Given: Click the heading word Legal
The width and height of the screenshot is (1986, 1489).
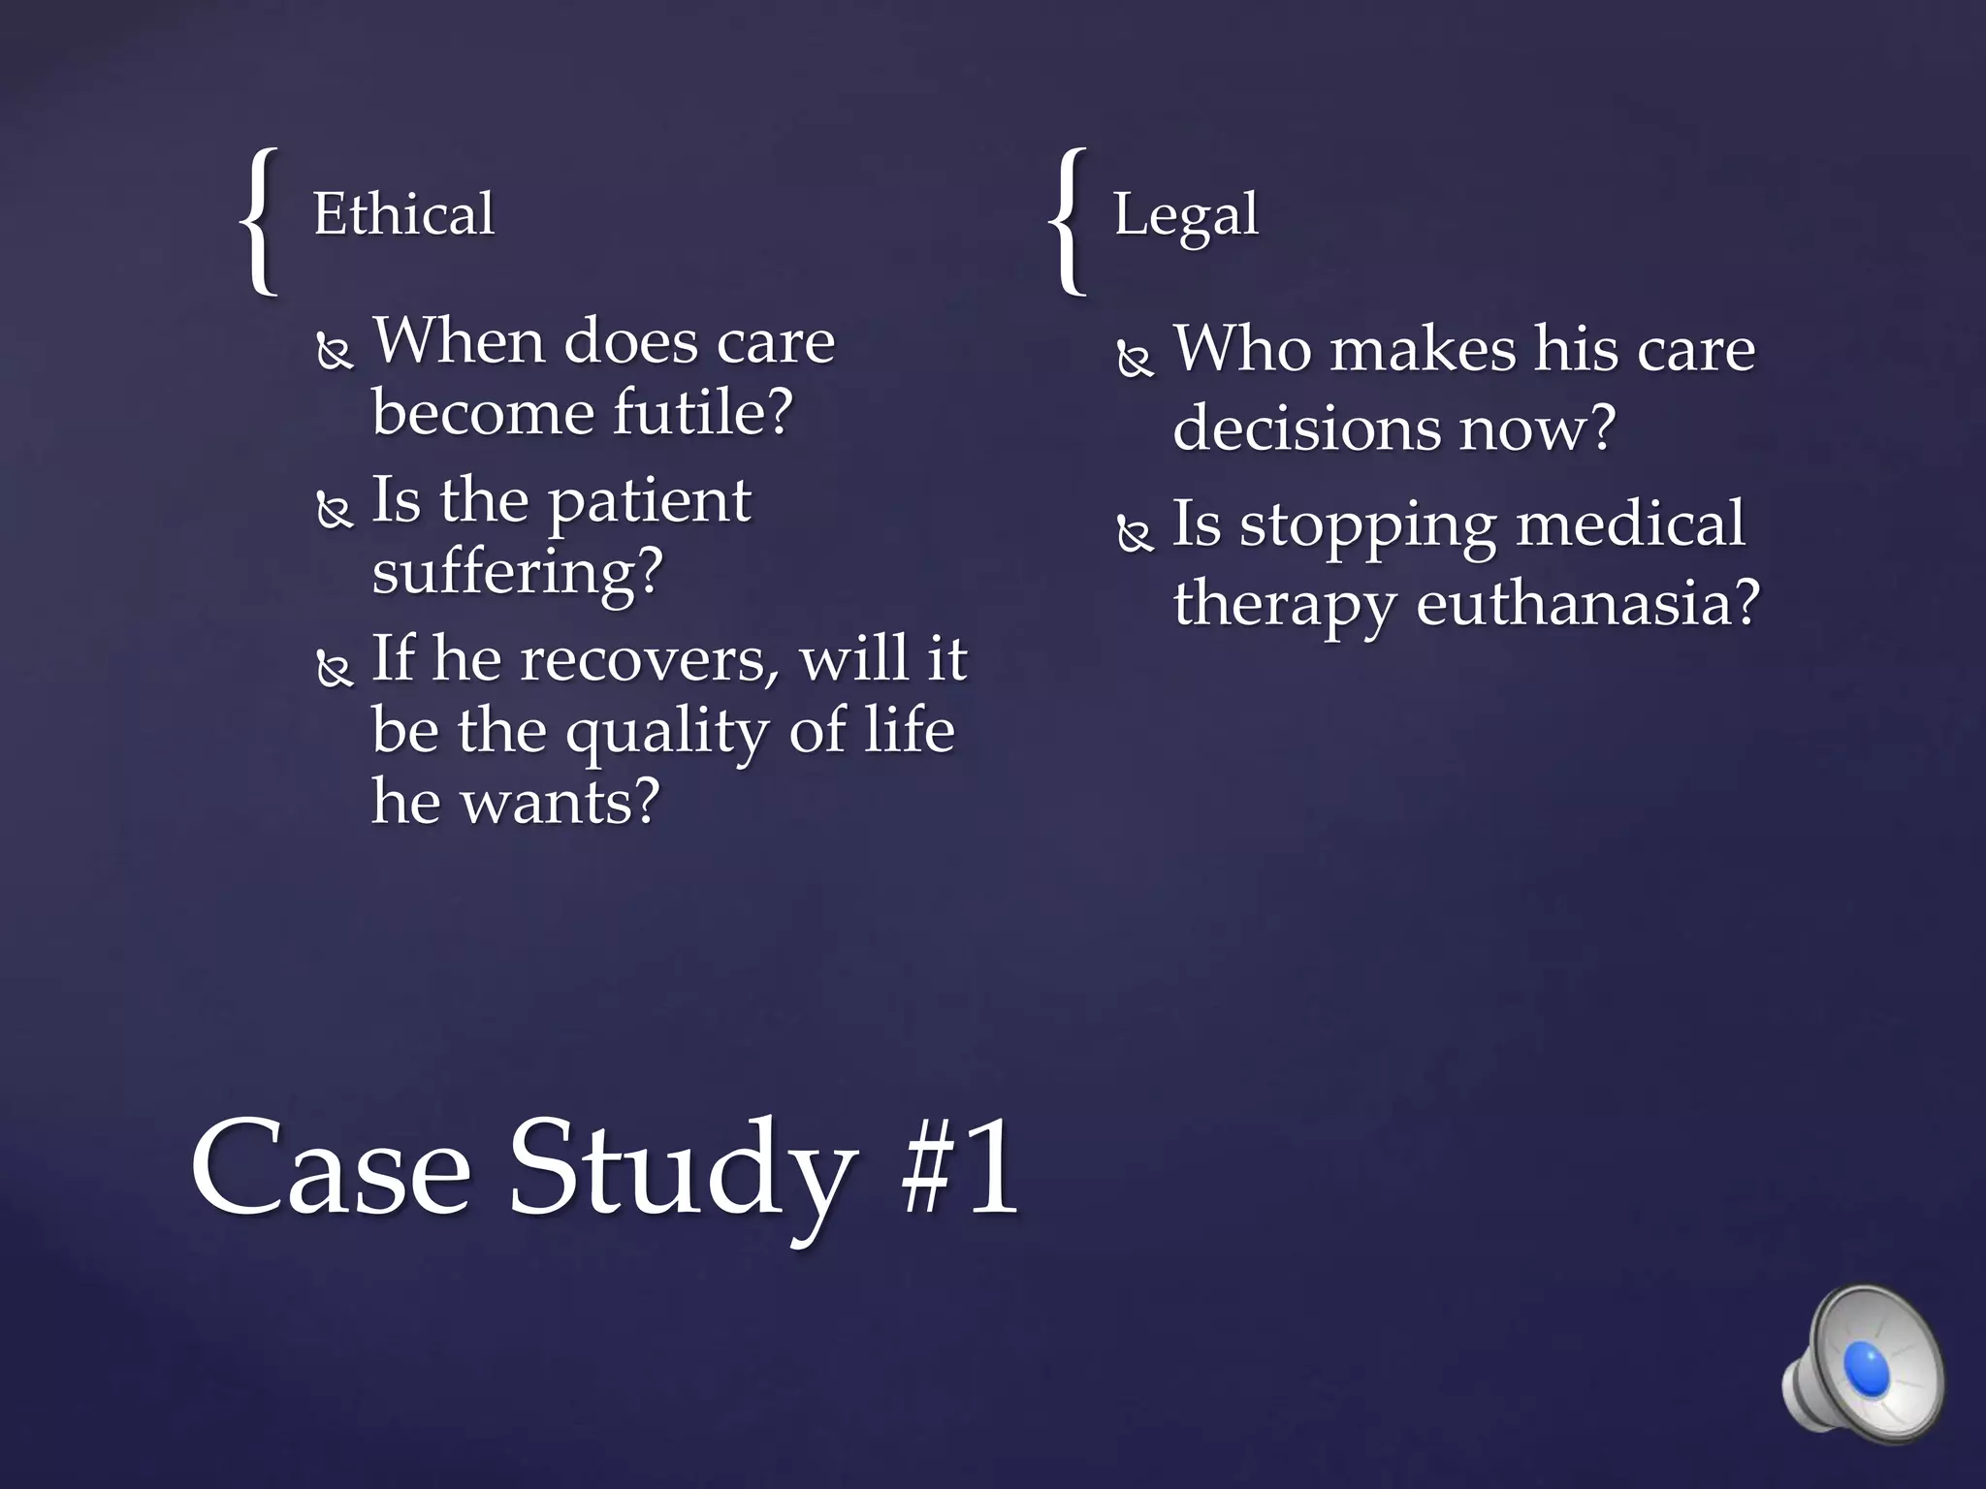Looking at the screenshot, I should [x=1185, y=215].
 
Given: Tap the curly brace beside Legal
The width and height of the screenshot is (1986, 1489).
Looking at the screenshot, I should [x=1069, y=220].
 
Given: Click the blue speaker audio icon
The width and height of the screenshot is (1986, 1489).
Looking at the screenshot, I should [x=1863, y=1368].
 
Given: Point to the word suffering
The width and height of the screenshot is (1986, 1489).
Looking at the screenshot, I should [x=517, y=572].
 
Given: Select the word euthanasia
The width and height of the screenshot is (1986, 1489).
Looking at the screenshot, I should [x=1586, y=603].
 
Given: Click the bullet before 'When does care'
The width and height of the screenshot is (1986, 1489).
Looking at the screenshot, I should [x=335, y=351].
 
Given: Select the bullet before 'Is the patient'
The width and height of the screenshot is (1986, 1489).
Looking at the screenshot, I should [x=335, y=510].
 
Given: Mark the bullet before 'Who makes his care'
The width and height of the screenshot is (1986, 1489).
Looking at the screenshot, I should [x=1135, y=359].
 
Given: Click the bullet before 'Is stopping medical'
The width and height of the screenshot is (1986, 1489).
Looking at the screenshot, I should [x=1135, y=533].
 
